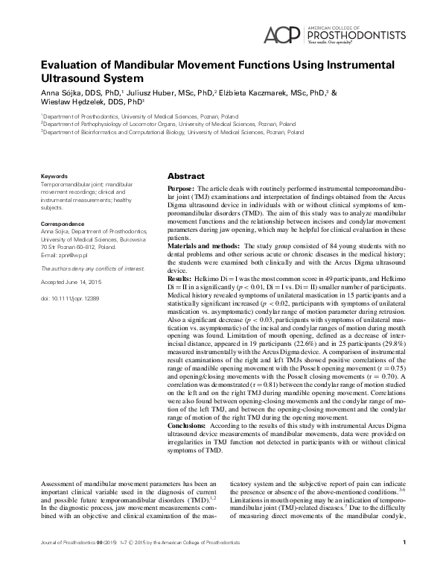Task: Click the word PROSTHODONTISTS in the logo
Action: [357, 34]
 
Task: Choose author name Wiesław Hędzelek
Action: [70, 104]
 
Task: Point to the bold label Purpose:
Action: [182, 191]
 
